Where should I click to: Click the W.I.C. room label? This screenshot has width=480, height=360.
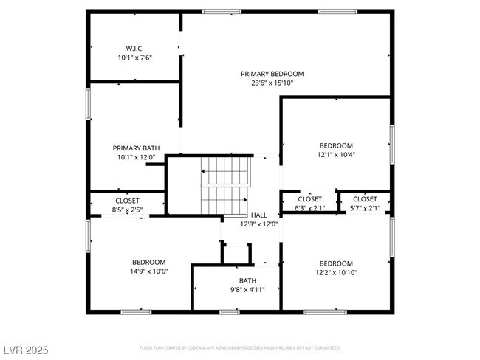(134, 49)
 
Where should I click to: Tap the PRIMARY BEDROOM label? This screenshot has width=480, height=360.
(272, 74)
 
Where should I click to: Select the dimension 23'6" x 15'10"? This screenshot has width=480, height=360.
(272, 83)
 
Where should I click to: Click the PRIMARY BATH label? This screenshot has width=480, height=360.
(136, 148)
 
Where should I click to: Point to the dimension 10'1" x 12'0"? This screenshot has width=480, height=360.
(136, 156)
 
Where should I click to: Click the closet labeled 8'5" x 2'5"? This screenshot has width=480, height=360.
(127, 205)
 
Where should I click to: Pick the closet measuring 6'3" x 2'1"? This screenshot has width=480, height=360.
(309, 204)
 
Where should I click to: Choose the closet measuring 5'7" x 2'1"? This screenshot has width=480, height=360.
(365, 204)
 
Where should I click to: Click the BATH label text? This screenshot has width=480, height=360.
(247, 280)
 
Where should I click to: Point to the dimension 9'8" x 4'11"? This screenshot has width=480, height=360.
(247, 289)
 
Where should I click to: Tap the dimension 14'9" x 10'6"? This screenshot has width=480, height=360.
(148, 271)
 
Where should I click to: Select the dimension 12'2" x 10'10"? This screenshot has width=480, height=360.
(336, 272)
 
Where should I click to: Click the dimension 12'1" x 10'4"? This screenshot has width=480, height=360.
(336, 155)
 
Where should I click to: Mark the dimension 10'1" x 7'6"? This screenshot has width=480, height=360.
(134, 58)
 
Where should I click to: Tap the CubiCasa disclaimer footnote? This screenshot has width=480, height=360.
(240, 347)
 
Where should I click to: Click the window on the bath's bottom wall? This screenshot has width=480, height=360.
(230, 312)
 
